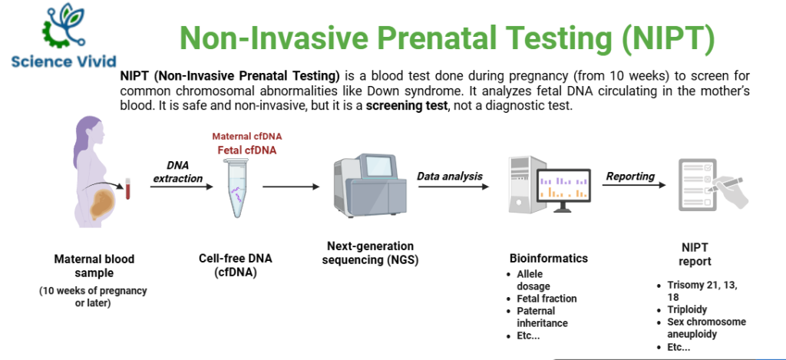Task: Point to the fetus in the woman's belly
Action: tap(101, 203)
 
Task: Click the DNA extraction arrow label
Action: tap(177, 172)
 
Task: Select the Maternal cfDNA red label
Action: tap(247, 137)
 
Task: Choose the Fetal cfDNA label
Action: tap(247, 150)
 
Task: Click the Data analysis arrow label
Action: tap(450, 177)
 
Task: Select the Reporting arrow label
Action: tap(630, 177)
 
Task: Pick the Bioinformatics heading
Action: tap(548, 259)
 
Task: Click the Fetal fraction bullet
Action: tap(547, 299)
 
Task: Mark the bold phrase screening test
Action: tap(406, 105)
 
